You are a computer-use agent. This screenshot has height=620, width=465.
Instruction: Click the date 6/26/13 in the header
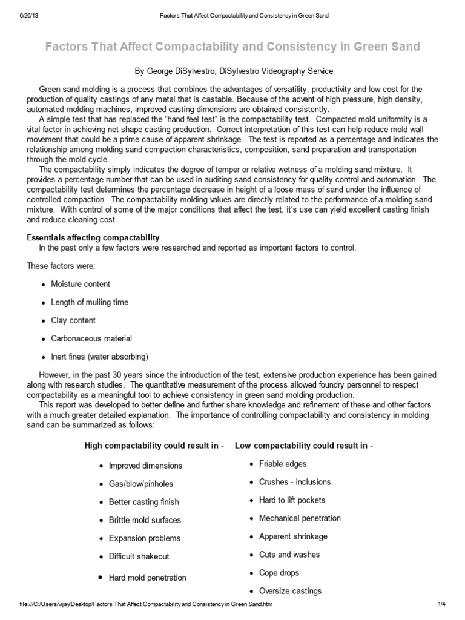tap(21, 15)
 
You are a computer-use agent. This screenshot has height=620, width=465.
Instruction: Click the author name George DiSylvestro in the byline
tap(181, 71)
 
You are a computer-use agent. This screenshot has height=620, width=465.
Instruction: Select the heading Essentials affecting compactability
tap(93, 237)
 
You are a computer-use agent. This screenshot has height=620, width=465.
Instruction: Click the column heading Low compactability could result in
tap(303, 446)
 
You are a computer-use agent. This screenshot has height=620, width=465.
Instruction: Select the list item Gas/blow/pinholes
tap(140, 484)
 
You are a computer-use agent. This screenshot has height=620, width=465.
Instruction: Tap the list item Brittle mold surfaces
tap(145, 520)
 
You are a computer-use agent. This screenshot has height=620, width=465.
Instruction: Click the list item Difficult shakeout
tap(139, 556)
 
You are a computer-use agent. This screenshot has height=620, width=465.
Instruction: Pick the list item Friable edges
tap(283, 464)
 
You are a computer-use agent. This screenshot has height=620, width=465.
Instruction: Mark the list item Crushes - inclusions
tap(295, 482)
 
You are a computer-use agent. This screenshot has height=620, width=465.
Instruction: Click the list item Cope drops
tap(279, 573)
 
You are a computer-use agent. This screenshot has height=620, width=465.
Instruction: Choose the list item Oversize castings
tap(290, 591)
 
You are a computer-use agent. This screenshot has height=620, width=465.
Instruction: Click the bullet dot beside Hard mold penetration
tap(100, 578)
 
